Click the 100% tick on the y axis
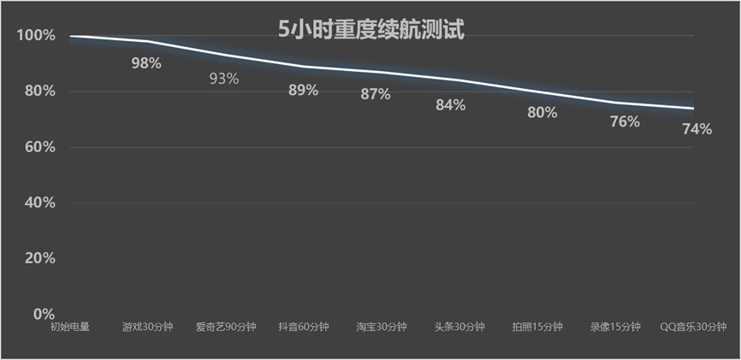click(x=35, y=36)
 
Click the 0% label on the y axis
click(x=42, y=314)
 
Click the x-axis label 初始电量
click(x=69, y=327)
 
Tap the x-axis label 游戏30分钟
click(x=147, y=327)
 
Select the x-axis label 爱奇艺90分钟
click(x=225, y=327)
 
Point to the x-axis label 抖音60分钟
click(x=303, y=327)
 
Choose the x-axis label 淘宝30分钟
click(x=382, y=327)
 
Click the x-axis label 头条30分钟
click(x=459, y=327)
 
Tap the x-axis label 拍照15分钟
click(x=537, y=327)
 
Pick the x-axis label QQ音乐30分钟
click(x=693, y=327)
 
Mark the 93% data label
click(x=224, y=79)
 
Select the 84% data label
click(x=450, y=105)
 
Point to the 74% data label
click(x=697, y=129)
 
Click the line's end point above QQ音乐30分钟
click(x=693, y=109)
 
